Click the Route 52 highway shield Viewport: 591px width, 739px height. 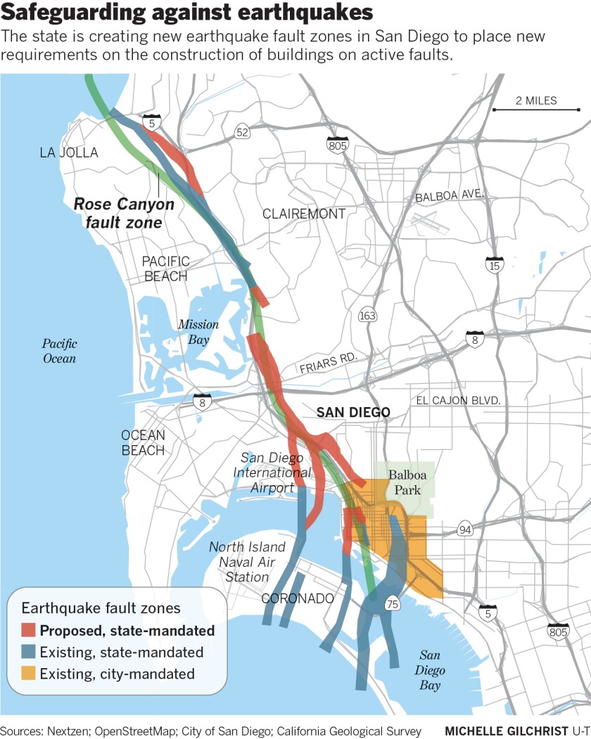tap(242, 132)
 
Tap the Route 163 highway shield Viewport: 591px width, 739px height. tap(367, 316)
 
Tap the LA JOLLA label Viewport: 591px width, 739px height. tap(69, 153)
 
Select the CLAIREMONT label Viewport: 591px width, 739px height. tap(304, 214)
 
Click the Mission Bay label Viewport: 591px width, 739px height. tap(198, 332)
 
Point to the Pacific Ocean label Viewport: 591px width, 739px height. tap(59, 351)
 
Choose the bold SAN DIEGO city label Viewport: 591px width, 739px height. tap(352, 413)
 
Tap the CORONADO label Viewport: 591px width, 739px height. tap(297, 599)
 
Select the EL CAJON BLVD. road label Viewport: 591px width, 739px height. tap(458, 400)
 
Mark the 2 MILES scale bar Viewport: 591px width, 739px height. tap(535, 109)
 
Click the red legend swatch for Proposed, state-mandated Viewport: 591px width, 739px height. tap(28, 630)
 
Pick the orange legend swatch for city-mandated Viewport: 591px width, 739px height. tap(28, 674)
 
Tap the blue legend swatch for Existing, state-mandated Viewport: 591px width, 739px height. tap(28, 652)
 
